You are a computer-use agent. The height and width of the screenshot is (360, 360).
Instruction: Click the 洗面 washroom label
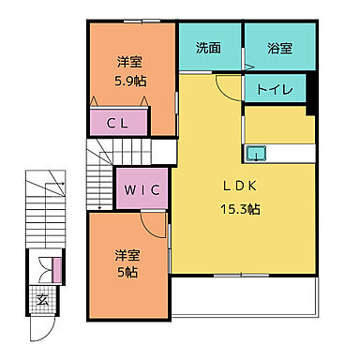(208, 48)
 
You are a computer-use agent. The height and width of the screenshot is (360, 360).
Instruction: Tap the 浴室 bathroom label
(278, 48)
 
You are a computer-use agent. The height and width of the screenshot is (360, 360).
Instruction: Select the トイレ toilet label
(275, 90)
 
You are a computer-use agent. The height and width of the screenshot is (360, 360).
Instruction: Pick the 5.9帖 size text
(129, 81)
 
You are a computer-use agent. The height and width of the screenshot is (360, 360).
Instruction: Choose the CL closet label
(117, 122)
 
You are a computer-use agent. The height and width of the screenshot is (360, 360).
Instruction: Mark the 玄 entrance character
(42, 301)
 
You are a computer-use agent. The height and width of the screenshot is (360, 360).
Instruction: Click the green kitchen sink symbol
(255, 154)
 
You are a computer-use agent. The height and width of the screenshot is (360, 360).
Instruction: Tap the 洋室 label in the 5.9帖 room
(129, 62)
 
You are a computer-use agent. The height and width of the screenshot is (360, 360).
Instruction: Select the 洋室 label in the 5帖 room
(127, 254)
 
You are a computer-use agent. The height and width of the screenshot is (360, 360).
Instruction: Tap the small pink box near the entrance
(58, 270)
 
